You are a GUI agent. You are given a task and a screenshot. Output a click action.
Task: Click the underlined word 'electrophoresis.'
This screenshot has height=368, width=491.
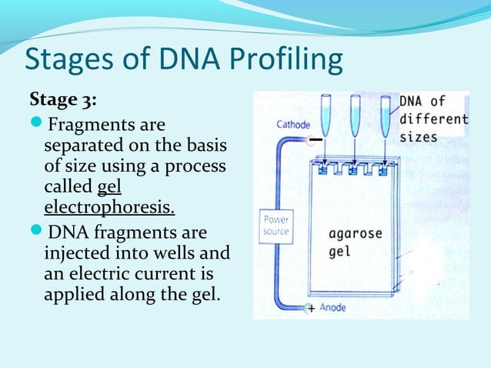tap(109, 207)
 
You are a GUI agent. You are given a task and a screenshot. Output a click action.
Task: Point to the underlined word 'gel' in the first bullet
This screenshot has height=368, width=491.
tap(110, 186)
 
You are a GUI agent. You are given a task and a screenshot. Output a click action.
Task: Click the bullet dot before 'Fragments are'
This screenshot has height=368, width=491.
tap(37, 125)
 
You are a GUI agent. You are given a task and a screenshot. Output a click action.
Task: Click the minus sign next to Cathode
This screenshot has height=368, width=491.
tap(316, 139)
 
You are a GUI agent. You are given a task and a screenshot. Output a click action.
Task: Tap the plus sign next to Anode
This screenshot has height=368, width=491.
tap(311, 309)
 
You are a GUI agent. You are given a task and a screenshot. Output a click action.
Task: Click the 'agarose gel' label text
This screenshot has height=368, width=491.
tap(354, 241)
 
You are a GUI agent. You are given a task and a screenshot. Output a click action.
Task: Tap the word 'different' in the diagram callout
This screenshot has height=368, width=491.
tap(433, 119)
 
